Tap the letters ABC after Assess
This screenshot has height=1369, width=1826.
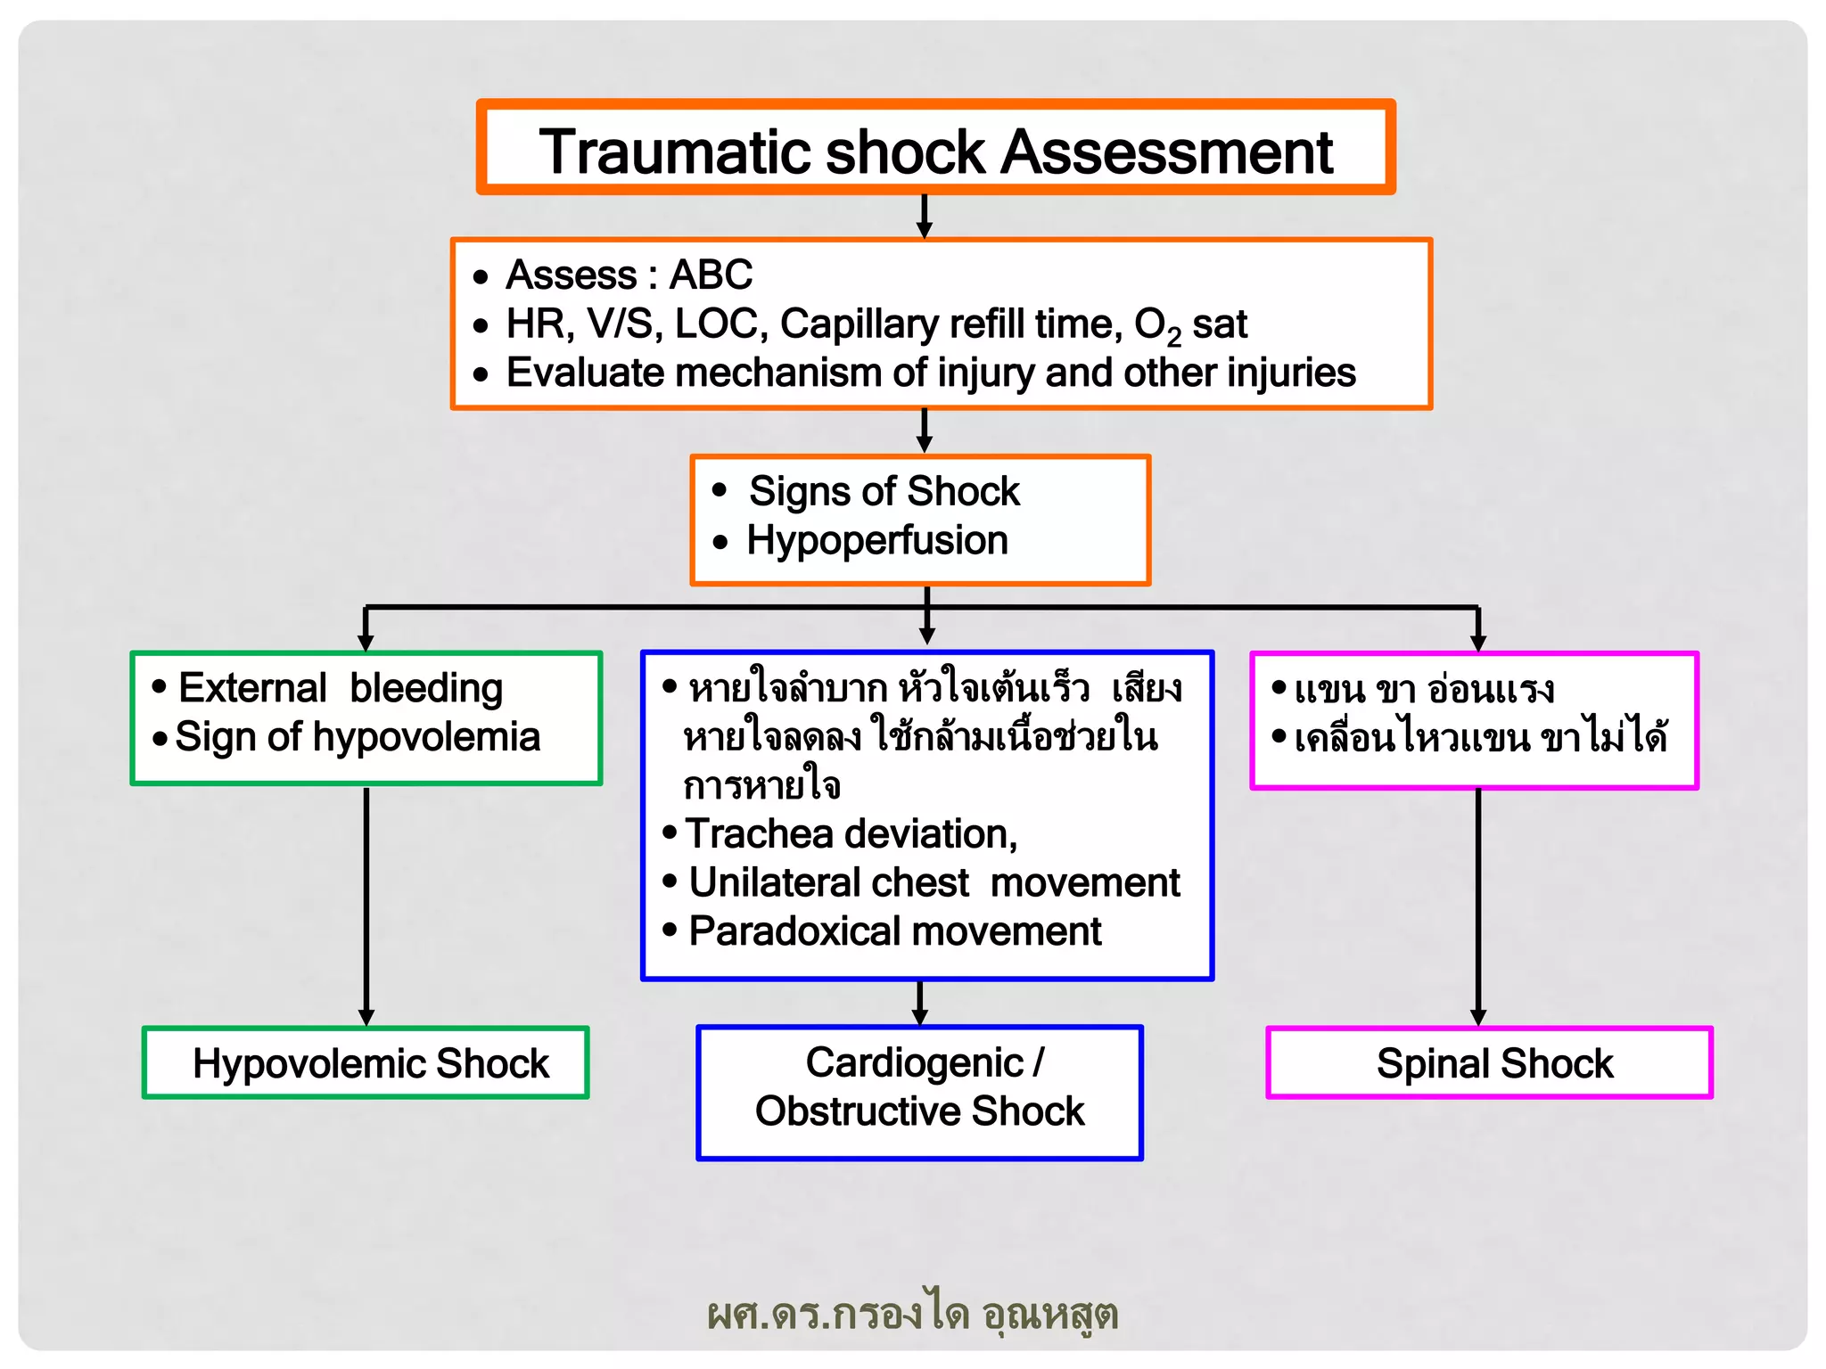point(711,275)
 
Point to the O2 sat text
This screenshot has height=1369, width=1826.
point(1189,325)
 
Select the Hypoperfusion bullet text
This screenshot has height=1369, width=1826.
point(877,541)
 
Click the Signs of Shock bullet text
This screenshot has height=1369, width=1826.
point(884,492)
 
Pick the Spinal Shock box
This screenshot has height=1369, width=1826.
point(1489,1063)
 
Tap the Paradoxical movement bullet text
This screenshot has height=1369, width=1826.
point(894,932)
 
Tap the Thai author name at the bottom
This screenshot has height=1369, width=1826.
point(912,1314)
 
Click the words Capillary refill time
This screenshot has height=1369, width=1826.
point(950,324)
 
